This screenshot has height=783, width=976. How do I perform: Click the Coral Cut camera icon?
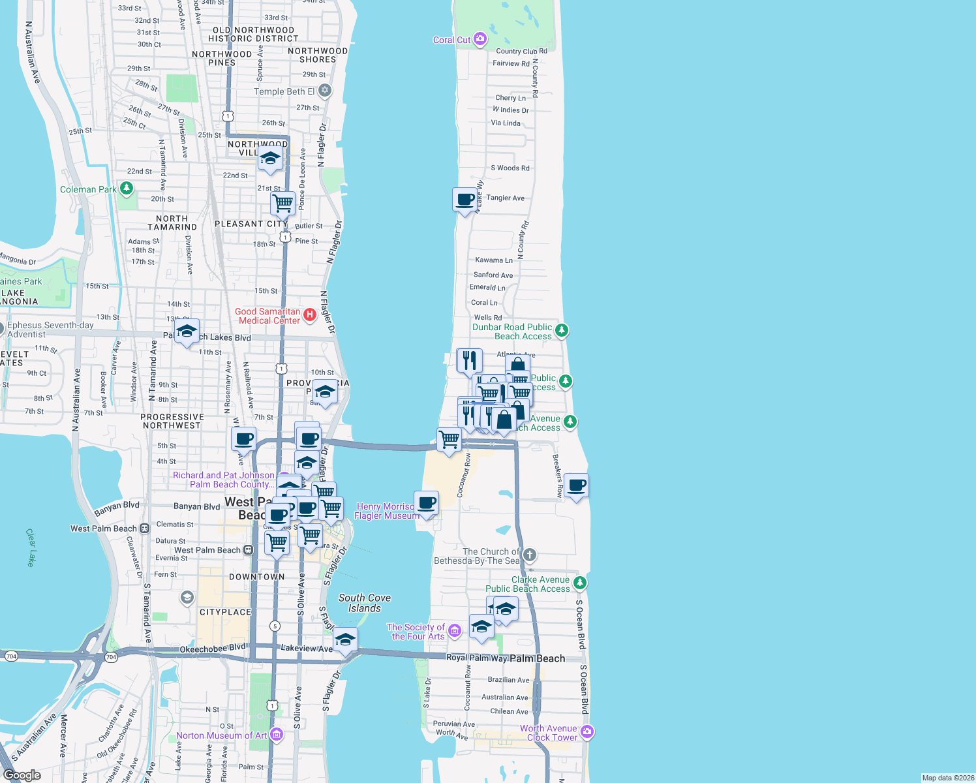(480, 40)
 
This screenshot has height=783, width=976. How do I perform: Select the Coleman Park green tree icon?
(127, 189)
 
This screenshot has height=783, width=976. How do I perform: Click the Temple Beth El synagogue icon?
(325, 91)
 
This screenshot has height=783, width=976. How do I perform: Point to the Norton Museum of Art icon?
(277, 735)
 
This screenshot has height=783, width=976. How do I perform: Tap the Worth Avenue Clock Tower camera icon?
(587, 732)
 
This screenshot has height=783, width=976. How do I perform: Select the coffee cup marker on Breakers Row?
(576, 485)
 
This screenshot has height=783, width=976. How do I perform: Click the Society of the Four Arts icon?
(455, 630)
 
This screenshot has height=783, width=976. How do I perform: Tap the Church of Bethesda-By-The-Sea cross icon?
(530, 555)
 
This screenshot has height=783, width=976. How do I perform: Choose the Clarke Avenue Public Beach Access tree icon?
(579, 583)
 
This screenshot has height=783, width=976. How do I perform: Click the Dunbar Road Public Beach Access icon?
(561, 331)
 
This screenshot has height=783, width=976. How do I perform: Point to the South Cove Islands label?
(365, 603)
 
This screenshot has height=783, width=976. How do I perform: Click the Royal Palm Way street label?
(477, 658)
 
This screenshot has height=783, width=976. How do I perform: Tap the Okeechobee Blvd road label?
(213, 649)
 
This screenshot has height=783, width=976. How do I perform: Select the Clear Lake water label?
(31, 547)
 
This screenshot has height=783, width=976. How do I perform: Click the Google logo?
(22, 775)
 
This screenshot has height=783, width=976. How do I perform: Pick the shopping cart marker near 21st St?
(282, 202)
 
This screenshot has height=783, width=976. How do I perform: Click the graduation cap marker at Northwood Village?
(270, 158)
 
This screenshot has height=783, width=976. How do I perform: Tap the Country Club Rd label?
(521, 51)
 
